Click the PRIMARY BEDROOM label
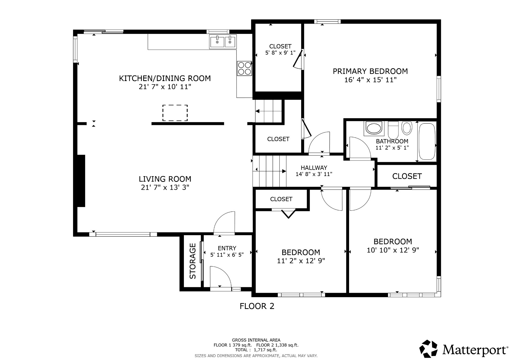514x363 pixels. click(370, 71)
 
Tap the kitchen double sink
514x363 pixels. click(223, 42)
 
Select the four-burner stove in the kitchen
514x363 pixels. click(244, 68)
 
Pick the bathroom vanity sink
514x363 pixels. click(374, 128)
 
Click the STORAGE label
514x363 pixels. click(193, 261)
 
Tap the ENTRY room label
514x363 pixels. click(227, 248)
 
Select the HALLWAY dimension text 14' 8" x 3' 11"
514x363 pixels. click(314, 174)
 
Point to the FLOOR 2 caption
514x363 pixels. click(257, 306)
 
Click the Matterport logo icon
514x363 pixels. click(428, 349)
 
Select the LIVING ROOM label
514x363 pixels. click(165, 179)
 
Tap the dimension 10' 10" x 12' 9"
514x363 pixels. click(393, 250)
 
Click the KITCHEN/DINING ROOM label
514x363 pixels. click(165, 78)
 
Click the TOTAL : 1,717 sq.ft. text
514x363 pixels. click(256, 350)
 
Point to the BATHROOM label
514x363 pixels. click(392, 141)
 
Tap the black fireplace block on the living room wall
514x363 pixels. click(81, 181)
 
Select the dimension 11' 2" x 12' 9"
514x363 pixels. click(301, 261)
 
